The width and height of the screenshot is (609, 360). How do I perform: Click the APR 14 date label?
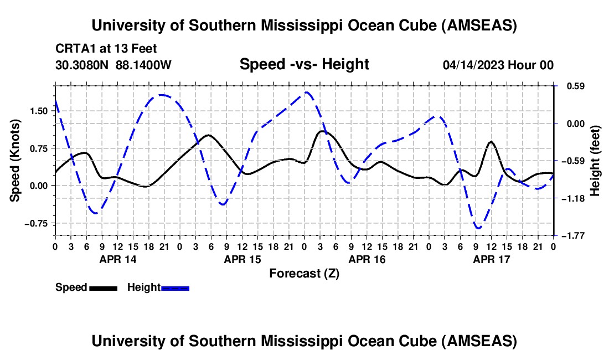point(117,259)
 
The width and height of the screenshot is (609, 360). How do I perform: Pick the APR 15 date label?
point(242,259)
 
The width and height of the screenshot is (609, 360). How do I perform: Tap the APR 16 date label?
point(367,259)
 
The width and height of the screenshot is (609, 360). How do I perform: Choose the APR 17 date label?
point(491,259)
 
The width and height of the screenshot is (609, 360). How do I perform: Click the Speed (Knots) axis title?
point(16,160)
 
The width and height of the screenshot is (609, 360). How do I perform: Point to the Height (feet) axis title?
point(595,161)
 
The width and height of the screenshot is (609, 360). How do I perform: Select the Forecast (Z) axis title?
point(304,273)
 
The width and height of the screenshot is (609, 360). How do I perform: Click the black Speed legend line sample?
point(102,288)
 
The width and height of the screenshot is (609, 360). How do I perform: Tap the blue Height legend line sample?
point(175,288)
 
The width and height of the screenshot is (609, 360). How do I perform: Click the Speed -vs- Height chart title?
point(304,65)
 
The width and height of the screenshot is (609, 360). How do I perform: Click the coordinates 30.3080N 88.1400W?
point(113,65)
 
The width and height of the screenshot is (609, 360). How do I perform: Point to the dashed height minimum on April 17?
point(478,228)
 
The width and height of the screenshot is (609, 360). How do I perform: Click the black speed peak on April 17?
point(491,142)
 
